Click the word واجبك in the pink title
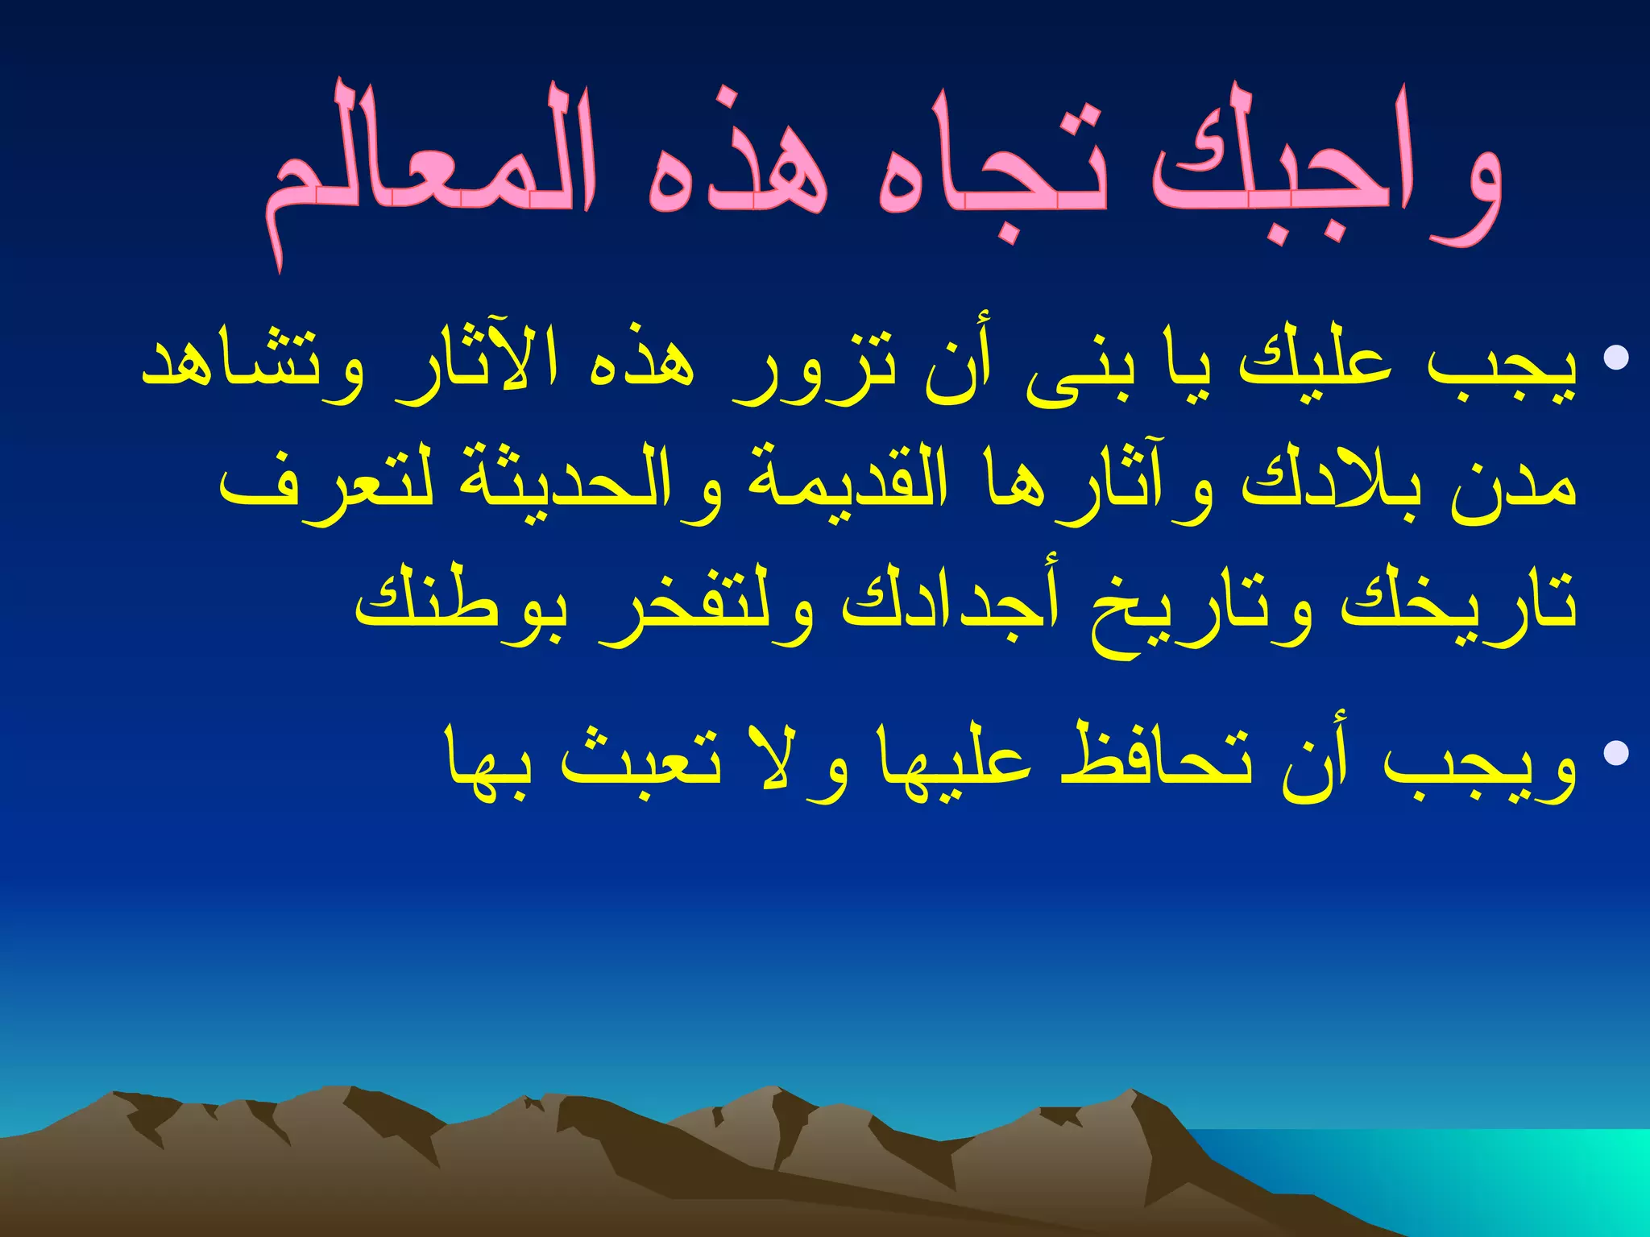tap(1325, 165)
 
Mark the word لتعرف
tap(322, 487)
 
